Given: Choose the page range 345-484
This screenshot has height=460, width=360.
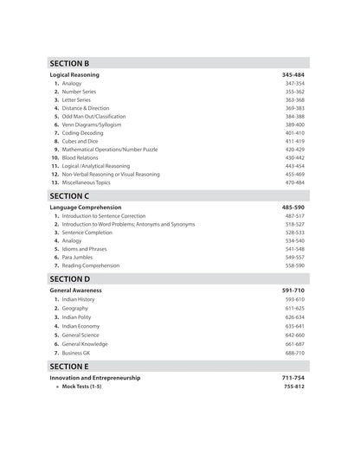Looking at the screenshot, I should pyautogui.click(x=292, y=75).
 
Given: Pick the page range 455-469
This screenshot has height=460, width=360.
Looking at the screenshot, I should pyautogui.click(x=294, y=174).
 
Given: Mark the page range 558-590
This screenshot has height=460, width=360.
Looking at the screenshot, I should pyautogui.click(x=294, y=265).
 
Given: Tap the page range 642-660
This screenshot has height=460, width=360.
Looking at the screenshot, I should pyautogui.click(x=294, y=335).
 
